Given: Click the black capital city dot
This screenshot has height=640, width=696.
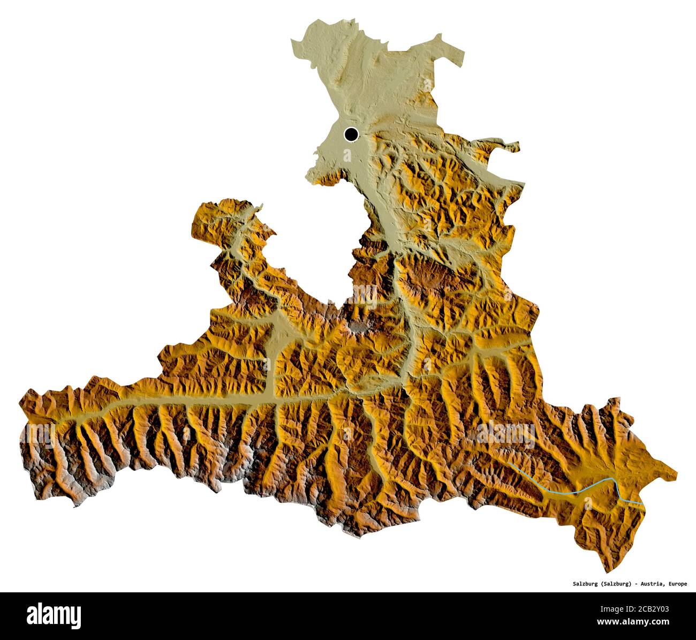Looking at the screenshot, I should (351, 134).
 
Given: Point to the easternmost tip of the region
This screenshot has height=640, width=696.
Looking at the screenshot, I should (677, 473).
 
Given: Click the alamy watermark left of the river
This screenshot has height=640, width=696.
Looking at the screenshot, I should (505, 432).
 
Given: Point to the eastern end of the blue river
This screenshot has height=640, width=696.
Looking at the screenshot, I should (643, 504).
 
